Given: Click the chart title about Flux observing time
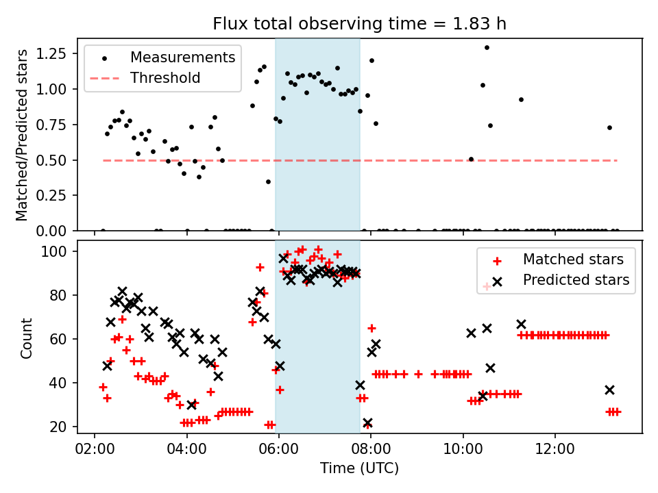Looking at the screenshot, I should (360, 24).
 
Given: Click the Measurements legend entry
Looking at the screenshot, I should (182, 57).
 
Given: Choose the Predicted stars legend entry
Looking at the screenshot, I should (576, 279).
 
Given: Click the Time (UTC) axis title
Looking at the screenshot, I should (359, 469).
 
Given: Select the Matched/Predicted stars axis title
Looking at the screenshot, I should (23, 135).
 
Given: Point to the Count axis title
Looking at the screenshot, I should (27, 338).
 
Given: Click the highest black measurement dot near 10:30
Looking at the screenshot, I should (487, 48).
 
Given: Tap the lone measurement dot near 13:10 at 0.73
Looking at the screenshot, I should (609, 127).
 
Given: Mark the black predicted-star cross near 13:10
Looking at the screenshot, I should (609, 390).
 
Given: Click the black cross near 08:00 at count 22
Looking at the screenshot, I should (367, 423).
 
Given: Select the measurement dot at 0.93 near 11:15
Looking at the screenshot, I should (521, 99).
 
